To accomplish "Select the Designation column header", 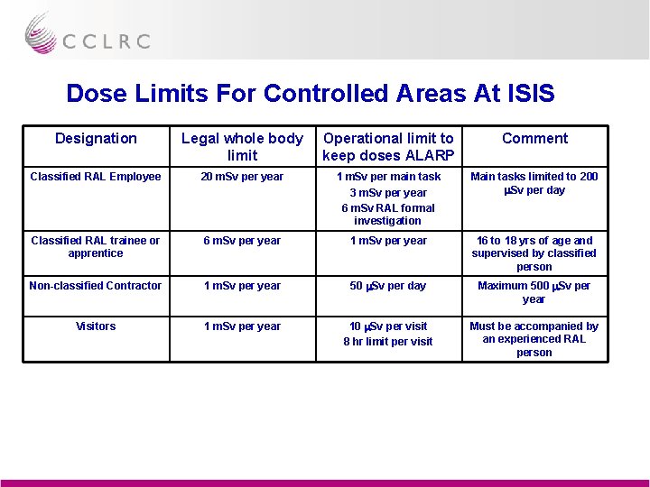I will point(96,138).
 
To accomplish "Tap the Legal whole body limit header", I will point(242,146).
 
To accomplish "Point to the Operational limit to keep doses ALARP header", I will point(388,146).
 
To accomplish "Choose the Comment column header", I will point(534,138).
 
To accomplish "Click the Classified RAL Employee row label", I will point(96,177).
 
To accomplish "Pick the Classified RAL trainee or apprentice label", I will point(96,247).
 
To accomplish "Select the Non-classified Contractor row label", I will point(96,286).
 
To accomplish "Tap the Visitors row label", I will point(96,326).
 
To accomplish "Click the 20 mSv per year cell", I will point(242,177).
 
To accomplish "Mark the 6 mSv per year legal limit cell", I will point(242,241).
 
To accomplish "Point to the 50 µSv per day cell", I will point(388,286).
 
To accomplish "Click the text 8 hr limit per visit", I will point(388,342).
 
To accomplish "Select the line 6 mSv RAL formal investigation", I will point(388,214).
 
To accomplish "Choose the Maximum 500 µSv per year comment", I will point(534,292).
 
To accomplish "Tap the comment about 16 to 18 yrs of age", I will point(534,253).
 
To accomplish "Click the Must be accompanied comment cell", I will point(534,339).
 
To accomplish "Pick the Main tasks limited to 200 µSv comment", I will point(534,183).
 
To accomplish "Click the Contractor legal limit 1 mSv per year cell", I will point(242,286).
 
